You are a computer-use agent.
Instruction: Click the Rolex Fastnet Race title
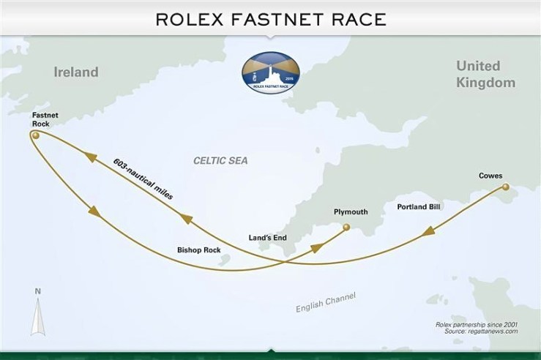pos(270,18)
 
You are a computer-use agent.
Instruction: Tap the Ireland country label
pos(75,72)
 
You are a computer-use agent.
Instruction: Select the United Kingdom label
pos(485,75)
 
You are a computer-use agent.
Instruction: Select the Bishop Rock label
pos(198,250)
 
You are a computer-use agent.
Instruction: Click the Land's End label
pos(268,237)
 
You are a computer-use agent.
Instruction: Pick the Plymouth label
pos(350,212)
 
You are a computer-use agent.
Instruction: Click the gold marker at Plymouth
pos(346,228)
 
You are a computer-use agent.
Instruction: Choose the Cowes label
pos(490,176)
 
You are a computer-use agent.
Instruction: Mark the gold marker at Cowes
pos(504,189)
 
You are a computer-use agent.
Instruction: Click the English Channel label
pos(325,302)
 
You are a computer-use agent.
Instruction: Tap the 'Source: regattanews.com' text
pos(481,331)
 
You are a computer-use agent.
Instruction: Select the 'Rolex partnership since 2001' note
pos(476,323)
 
